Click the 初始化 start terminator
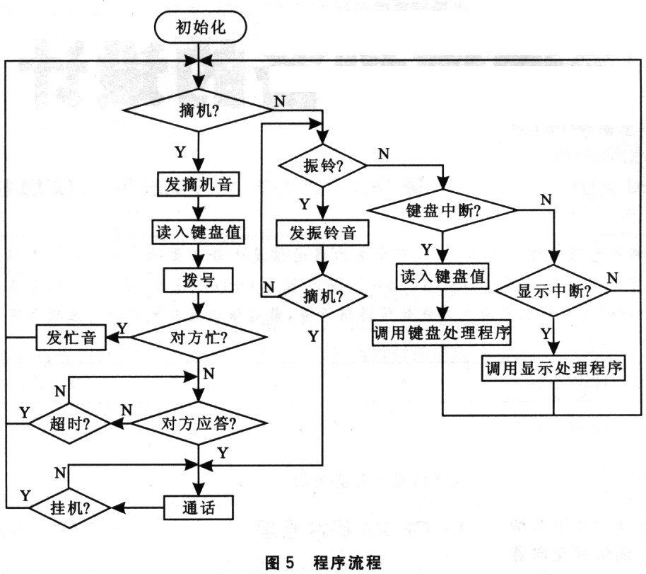[201, 28]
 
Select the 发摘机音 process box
[199, 184]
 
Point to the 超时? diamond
[69, 424]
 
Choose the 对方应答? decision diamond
[199, 424]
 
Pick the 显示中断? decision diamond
[554, 291]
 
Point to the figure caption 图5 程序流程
[323, 563]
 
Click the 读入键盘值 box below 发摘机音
[199, 231]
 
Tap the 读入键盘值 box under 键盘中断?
[443, 277]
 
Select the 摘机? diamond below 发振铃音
[323, 292]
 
